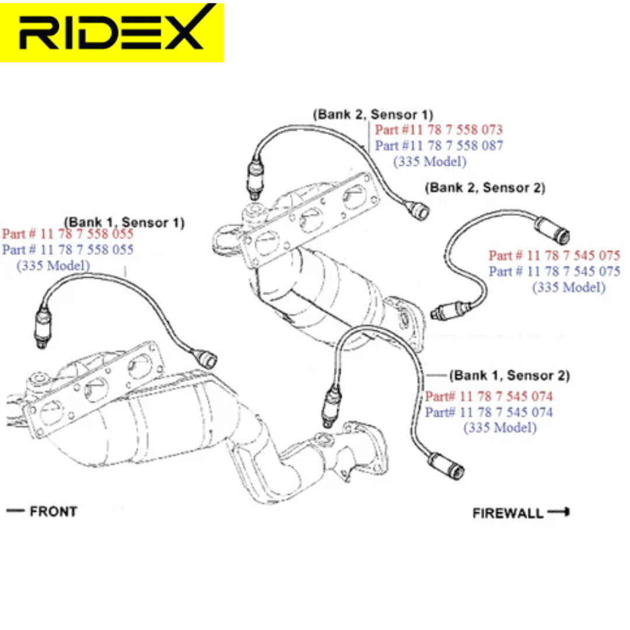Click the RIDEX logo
111,32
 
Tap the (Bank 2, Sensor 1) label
373,114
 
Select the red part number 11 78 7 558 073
439,129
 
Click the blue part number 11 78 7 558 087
439,145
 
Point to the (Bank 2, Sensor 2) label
485,188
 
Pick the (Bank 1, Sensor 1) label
125,222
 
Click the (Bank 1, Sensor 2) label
510,376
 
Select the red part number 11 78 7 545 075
555,255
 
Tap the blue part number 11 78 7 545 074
489,412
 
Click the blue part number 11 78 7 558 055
68,250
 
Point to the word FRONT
54,512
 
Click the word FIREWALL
508,513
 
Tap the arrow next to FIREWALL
559,512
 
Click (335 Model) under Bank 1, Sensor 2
501,428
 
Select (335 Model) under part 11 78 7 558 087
430,162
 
